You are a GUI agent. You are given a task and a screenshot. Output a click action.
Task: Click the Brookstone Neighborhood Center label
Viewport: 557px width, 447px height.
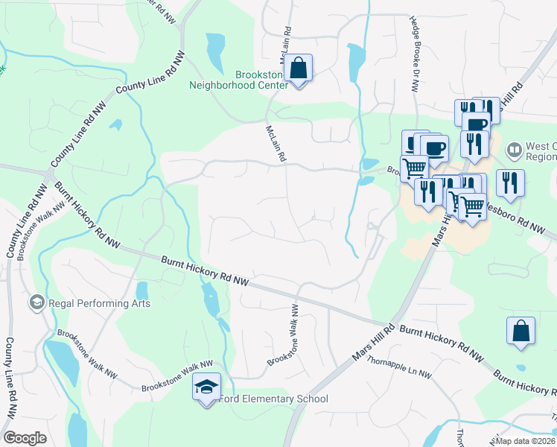261,80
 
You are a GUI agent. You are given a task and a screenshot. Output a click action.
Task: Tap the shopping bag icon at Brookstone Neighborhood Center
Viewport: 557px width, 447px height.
298,69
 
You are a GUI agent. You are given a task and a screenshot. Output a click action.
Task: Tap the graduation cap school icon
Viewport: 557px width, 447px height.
206,387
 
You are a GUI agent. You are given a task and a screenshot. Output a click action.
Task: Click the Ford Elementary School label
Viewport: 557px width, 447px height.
273,399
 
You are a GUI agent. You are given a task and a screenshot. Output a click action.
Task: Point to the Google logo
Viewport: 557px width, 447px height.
25,438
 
